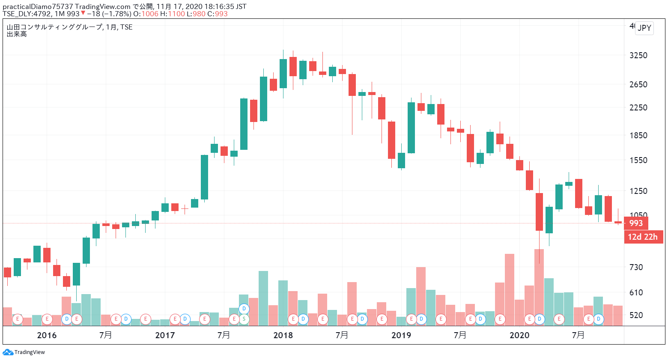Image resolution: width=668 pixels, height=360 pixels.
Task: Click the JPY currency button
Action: [x=644, y=28]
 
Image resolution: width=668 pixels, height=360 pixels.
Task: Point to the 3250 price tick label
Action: [x=638, y=55]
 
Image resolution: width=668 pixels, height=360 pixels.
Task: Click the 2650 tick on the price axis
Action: [x=638, y=84]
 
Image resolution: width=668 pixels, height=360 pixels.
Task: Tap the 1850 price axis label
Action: [x=638, y=135]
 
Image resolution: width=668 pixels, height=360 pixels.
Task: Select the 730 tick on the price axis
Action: [x=636, y=267]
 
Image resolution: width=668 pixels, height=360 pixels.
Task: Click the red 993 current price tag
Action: [x=636, y=223]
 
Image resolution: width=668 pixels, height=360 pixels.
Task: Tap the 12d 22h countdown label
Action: [x=643, y=237]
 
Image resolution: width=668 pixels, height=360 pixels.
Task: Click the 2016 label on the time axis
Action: [x=47, y=335]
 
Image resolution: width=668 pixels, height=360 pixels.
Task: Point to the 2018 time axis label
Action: [x=283, y=335]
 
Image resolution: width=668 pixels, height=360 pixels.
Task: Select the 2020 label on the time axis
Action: [x=519, y=335]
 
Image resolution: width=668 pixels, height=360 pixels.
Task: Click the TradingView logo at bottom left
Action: [x=24, y=352]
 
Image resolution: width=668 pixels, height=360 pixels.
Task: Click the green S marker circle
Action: [x=244, y=319]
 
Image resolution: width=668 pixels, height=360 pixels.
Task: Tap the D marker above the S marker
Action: [x=244, y=309]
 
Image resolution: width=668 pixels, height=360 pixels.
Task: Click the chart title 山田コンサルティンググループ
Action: [x=54, y=27]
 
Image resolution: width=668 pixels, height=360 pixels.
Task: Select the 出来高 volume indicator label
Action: [x=17, y=34]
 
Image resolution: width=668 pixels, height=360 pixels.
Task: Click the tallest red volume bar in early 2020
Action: [x=539, y=287]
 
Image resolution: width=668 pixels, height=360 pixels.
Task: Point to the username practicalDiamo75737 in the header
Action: [x=38, y=6]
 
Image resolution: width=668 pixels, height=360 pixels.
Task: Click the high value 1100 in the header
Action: [x=176, y=14]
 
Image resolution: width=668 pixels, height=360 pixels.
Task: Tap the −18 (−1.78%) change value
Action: [x=109, y=14]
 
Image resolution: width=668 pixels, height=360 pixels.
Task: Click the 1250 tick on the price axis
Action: [x=638, y=191]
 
